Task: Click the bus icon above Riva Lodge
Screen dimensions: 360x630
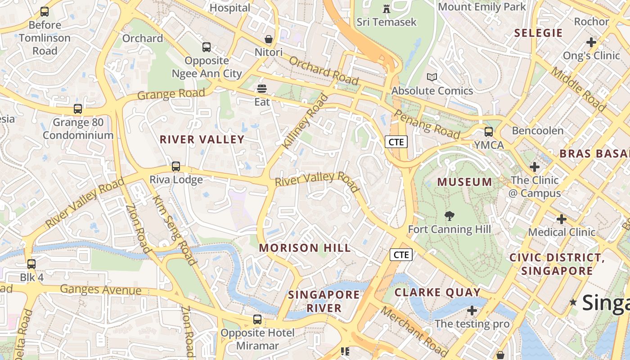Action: click(176, 166)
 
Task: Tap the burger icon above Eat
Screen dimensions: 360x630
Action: click(262, 89)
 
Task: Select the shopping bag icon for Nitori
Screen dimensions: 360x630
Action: click(269, 40)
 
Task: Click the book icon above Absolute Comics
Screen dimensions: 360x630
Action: click(432, 77)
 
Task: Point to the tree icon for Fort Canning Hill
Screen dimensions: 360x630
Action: click(449, 216)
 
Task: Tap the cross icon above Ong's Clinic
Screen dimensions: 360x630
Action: click(591, 42)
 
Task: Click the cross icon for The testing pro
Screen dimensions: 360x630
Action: click(472, 310)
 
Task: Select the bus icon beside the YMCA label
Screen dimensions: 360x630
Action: click(489, 132)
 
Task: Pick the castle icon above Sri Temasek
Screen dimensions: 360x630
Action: click(386, 9)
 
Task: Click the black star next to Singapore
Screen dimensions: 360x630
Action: click(573, 302)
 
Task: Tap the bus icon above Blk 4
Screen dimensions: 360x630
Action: click(31, 264)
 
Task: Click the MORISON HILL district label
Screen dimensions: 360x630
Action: click(305, 248)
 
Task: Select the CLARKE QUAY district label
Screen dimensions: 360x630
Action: click(438, 292)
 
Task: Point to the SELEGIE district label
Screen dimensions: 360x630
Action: click(538, 33)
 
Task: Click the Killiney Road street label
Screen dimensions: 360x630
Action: click(304, 121)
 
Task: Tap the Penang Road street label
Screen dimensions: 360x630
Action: click(427, 124)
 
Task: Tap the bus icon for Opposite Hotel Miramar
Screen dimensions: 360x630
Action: click(257, 319)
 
